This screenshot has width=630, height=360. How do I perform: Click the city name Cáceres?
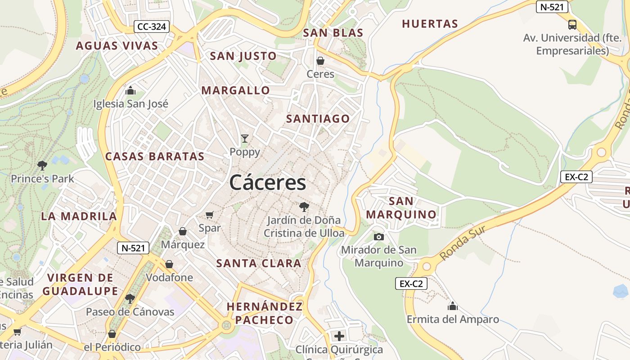(267, 183)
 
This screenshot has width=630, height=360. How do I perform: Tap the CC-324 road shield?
(152, 27)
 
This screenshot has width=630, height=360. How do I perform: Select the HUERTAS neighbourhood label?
(430, 24)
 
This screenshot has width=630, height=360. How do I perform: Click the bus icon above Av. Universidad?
(572, 25)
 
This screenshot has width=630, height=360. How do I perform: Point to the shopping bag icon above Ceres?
(320, 61)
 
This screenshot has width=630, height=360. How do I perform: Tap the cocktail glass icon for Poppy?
(244, 139)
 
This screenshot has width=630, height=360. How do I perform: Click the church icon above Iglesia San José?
(130, 91)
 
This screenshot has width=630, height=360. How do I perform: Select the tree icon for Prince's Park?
(42, 166)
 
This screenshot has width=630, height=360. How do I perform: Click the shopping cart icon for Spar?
(209, 215)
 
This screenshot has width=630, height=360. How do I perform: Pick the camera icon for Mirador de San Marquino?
(379, 237)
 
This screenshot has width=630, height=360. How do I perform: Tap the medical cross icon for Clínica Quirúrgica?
(339, 336)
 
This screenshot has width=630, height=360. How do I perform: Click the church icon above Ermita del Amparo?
(453, 306)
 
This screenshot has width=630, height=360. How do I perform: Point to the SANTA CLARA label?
(259, 263)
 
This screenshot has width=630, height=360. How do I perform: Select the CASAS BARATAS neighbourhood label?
(155, 157)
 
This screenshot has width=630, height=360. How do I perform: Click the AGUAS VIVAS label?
(117, 45)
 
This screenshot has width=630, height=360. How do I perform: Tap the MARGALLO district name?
(235, 90)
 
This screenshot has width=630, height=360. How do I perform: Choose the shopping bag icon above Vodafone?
(169, 264)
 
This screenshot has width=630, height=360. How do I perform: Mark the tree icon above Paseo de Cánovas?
(130, 298)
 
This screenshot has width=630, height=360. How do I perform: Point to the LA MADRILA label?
(79, 216)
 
